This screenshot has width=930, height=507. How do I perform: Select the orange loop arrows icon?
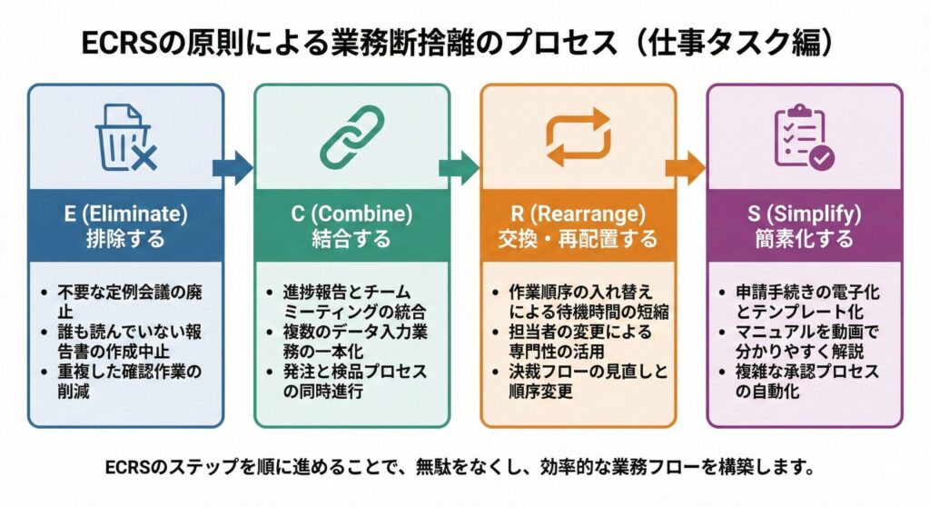coord(578,139)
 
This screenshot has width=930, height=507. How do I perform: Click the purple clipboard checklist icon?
coord(804,139)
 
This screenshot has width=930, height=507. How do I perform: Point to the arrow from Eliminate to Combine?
coord(232,167)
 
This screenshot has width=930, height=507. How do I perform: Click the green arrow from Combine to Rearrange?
coord(459,167)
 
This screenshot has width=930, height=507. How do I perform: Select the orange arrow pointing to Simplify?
coord(685,167)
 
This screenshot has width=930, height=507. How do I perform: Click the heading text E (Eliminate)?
coord(125,215)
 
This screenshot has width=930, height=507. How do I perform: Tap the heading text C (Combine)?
coord(352,215)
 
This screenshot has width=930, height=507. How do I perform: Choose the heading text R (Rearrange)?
coord(578,215)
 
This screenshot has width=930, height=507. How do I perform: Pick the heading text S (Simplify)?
coord(804,215)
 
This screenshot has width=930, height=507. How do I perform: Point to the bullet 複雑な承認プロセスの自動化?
coord(808,383)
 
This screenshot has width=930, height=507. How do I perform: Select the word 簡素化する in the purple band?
coord(804,240)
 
